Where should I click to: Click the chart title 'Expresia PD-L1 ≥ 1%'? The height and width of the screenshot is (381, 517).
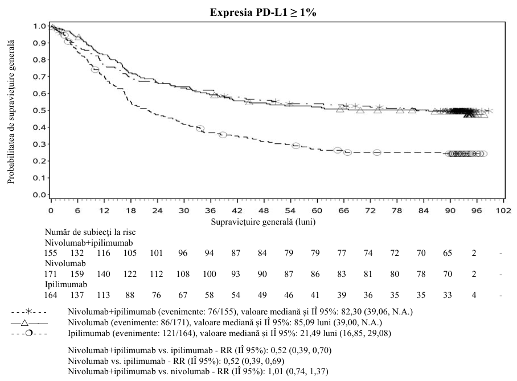[x=263, y=12]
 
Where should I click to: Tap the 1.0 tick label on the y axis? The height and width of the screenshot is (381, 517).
[x=39, y=26]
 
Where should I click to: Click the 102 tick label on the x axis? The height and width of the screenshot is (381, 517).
[x=503, y=210]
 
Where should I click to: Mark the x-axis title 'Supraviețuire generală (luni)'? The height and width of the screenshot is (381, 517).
[x=263, y=222]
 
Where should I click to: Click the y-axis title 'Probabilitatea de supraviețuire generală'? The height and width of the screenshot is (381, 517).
[x=11, y=111]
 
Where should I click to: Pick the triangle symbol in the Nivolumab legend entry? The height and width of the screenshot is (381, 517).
[x=24, y=323]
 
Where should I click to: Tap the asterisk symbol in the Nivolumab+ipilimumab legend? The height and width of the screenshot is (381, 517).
[x=29, y=312]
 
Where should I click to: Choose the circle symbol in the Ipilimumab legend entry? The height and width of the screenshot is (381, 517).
[x=29, y=333]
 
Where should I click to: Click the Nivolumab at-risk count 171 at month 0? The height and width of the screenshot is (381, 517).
[x=51, y=274]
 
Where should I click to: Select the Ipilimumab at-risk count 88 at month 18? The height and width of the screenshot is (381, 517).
[x=130, y=295]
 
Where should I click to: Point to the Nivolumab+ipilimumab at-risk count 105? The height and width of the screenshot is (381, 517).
[x=130, y=253]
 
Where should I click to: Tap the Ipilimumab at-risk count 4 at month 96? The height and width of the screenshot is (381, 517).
[x=474, y=295]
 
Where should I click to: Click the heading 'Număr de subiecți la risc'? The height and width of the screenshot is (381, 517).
[x=90, y=232]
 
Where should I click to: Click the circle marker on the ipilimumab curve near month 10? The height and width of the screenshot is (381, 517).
[x=95, y=69]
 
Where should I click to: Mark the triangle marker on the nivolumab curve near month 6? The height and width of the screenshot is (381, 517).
[x=78, y=37]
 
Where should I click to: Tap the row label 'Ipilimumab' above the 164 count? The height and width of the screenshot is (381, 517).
[x=66, y=284]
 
